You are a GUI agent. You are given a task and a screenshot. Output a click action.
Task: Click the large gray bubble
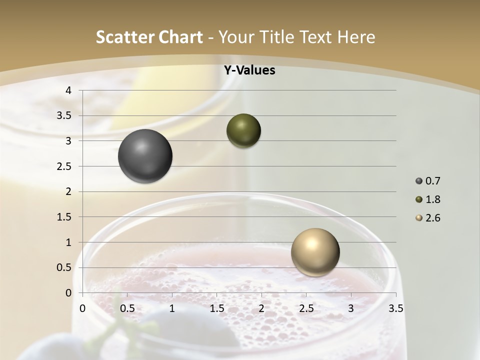[x=145, y=156]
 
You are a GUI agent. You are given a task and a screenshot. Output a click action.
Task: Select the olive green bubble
[x=243, y=130]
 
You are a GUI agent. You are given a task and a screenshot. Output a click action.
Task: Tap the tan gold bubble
[x=315, y=252]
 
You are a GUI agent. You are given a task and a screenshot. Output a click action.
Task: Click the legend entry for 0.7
[x=428, y=181]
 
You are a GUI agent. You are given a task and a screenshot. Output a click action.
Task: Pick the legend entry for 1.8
[x=428, y=199]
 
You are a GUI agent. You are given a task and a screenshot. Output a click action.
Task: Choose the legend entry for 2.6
[x=428, y=218]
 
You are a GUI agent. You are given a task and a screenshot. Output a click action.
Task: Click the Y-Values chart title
[x=249, y=70]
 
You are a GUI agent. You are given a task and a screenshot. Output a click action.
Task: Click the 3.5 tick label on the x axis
[x=395, y=308]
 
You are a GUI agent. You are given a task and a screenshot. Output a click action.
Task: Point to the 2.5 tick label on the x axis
[x=306, y=308]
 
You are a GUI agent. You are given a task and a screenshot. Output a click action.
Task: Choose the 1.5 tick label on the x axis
[x=216, y=308]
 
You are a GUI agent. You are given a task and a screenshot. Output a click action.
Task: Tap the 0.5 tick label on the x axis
[x=127, y=308]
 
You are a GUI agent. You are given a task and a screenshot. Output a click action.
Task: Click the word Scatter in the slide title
[x=124, y=37]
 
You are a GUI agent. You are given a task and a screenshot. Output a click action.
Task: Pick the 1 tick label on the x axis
[x=172, y=308]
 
